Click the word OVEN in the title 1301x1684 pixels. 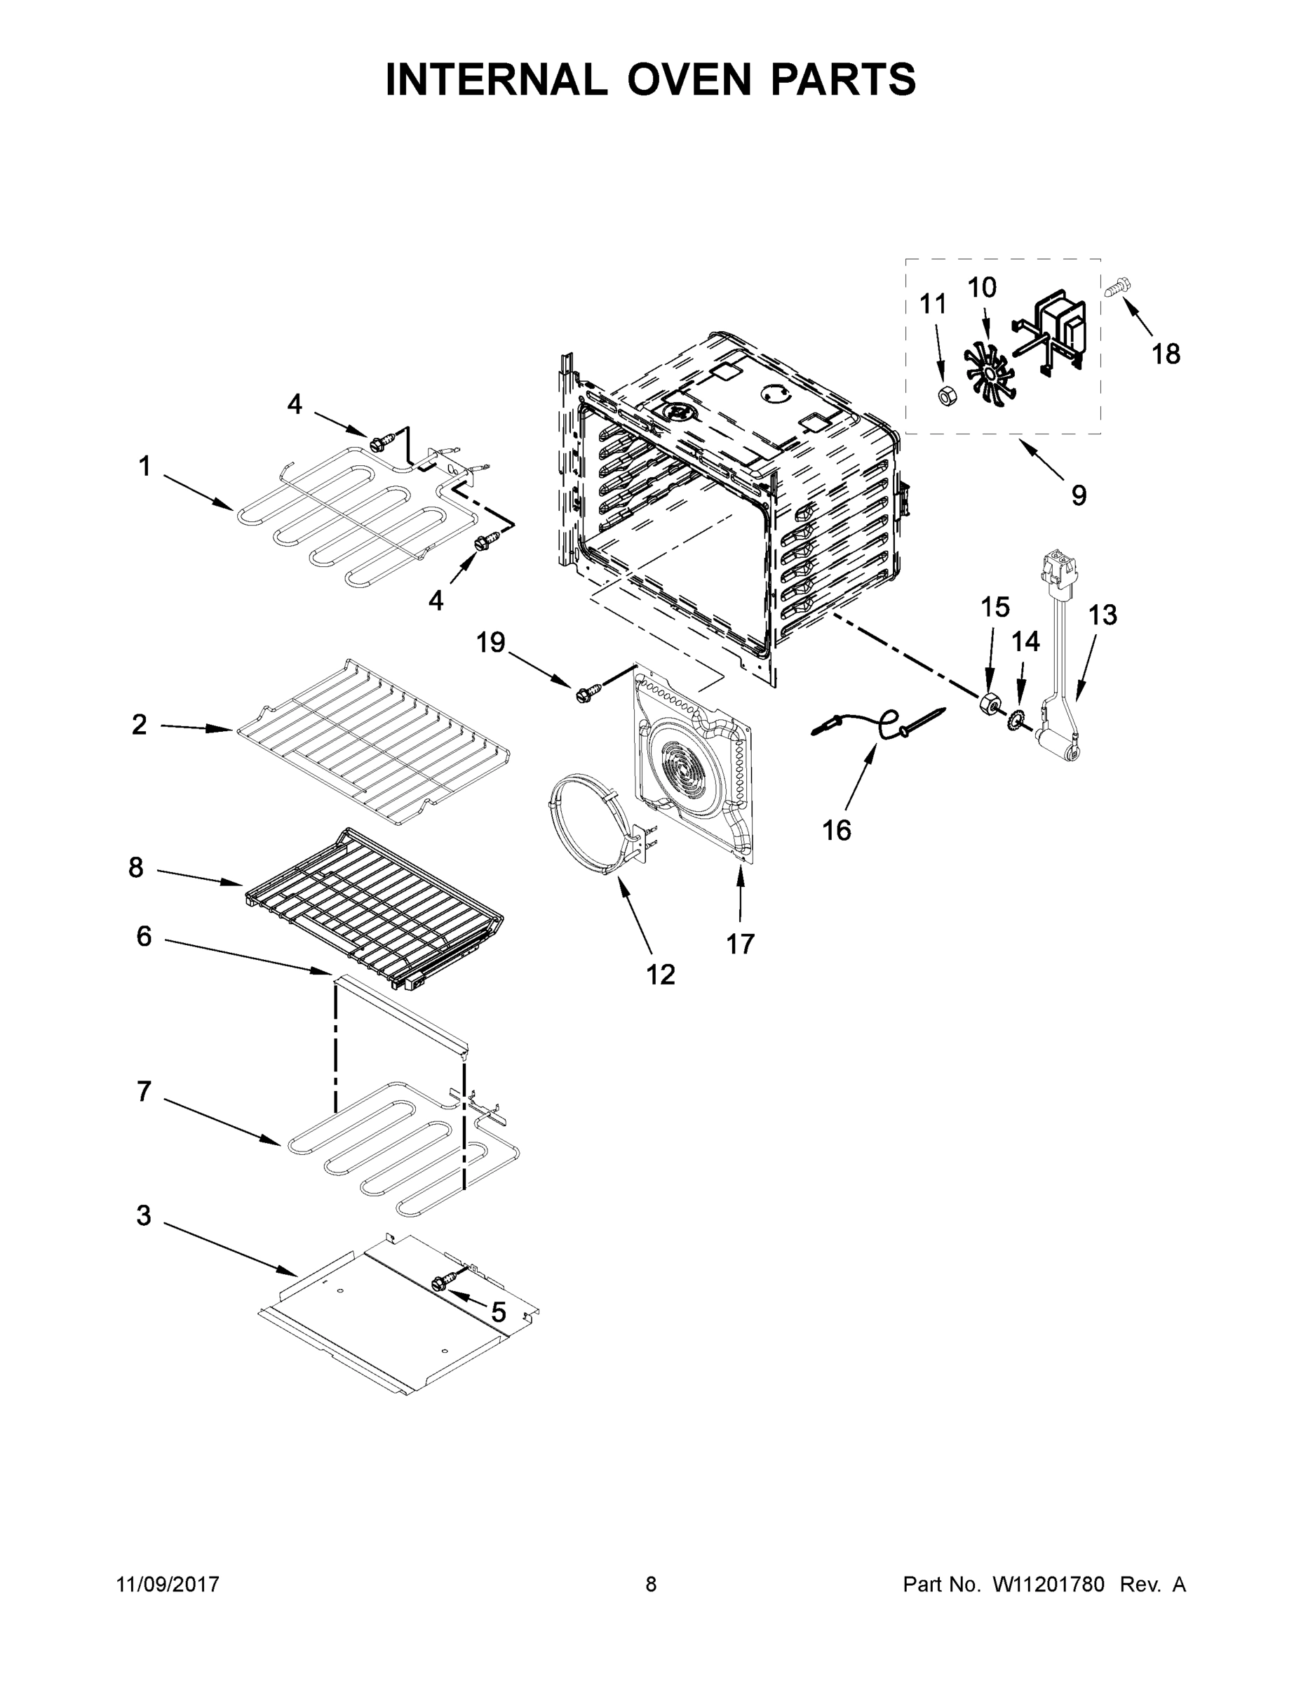687,79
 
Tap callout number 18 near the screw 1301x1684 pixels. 1166,354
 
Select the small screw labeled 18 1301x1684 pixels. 1115,288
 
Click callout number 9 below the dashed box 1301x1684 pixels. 1078,495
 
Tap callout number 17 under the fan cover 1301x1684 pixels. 740,943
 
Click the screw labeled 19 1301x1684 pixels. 585,694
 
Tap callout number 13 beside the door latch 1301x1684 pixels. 1102,615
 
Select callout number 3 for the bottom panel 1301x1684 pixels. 143,1216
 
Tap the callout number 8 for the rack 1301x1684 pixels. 135,867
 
